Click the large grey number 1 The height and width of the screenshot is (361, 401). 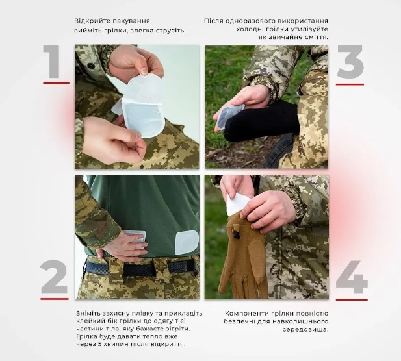[53, 61]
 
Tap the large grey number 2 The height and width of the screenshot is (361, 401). [54, 277]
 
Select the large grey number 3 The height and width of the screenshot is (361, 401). [350, 62]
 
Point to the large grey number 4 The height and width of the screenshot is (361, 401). [352, 277]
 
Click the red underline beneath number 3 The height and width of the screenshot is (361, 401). [350, 84]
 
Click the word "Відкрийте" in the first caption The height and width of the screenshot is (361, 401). [89, 21]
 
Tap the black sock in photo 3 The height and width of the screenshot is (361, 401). [261, 118]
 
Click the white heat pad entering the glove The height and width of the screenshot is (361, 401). [237, 204]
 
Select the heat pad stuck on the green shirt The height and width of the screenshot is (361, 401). [187, 242]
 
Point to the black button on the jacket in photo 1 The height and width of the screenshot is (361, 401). [91, 66]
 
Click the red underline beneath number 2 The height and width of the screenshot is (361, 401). [55, 299]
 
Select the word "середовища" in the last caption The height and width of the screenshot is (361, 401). [305, 330]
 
